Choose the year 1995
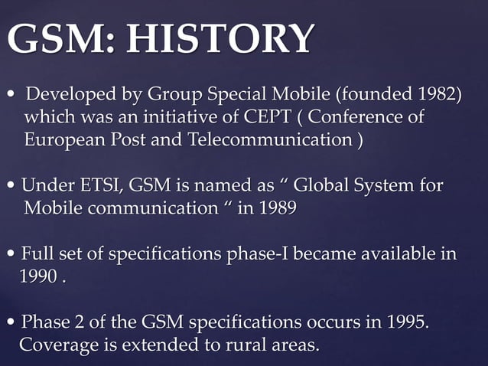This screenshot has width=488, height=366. tap(401, 322)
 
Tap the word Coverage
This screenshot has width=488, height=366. tap(58, 345)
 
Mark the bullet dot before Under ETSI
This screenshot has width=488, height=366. tap(11, 187)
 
